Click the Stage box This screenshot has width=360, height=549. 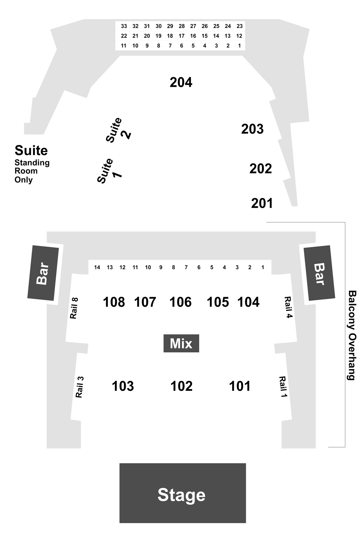click(182, 493)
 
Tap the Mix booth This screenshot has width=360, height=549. click(181, 343)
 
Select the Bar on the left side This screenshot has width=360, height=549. click(43, 273)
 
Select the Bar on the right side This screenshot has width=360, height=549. click(319, 273)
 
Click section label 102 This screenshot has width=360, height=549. click(181, 386)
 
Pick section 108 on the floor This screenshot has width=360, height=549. click(114, 302)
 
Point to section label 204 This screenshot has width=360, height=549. click(181, 82)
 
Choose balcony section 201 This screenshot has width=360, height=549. click(262, 203)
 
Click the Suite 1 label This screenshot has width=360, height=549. click(109, 171)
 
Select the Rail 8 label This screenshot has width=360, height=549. click(74, 308)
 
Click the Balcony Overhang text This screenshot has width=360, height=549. click(352, 335)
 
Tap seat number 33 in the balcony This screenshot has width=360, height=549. click(124, 26)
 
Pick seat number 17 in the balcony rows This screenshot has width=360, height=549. click(181, 36)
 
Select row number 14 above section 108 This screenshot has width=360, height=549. click(97, 267)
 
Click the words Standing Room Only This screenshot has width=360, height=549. click(32, 171)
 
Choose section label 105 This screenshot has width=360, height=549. click(218, 302)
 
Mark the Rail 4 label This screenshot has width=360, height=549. click(288, 307)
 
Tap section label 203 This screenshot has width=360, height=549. click(252, 129)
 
